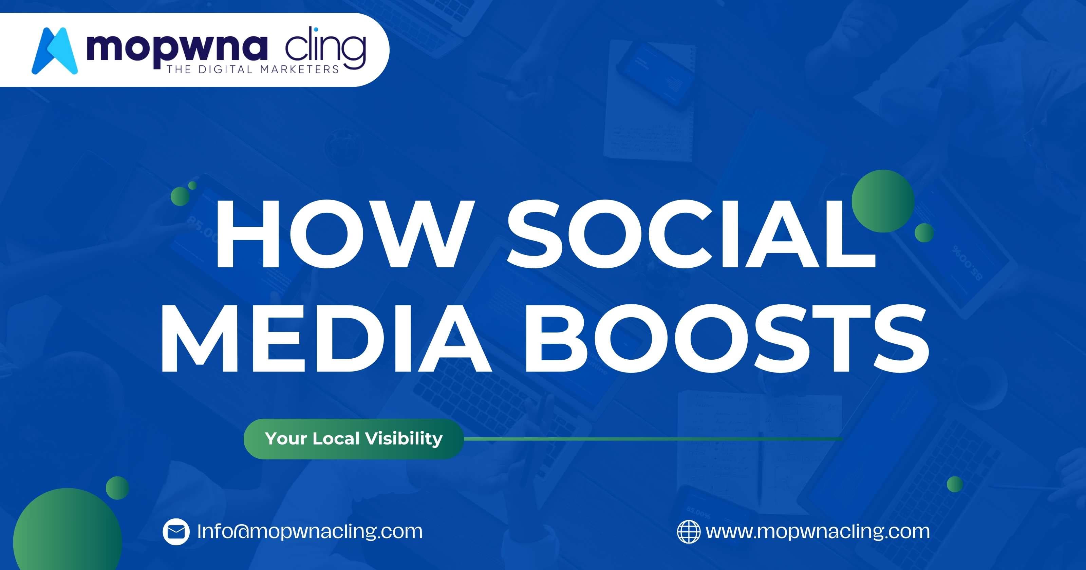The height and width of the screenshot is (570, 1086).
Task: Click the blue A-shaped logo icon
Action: point(55,51)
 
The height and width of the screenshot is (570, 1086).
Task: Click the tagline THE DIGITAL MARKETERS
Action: point(253,70)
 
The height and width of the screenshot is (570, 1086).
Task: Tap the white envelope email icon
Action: point(176,532)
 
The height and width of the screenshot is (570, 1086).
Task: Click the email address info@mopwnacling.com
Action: point(310,532)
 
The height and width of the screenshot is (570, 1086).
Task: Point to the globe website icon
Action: point(689,532)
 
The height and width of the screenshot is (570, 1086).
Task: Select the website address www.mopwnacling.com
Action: point(818,532)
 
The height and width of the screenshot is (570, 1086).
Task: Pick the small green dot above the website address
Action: point(954,484)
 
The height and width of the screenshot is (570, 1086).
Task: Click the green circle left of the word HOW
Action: point(180,196)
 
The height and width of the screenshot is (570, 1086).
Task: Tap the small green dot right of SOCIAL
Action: point(924,233)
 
